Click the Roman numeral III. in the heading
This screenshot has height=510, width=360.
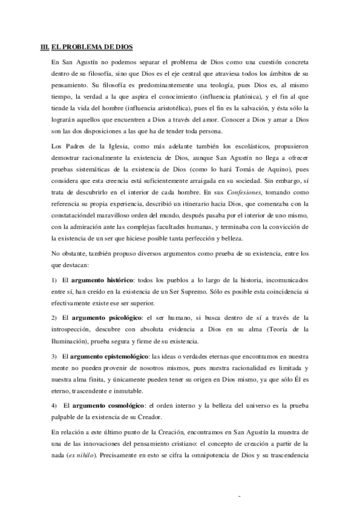[x=43, y=46]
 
